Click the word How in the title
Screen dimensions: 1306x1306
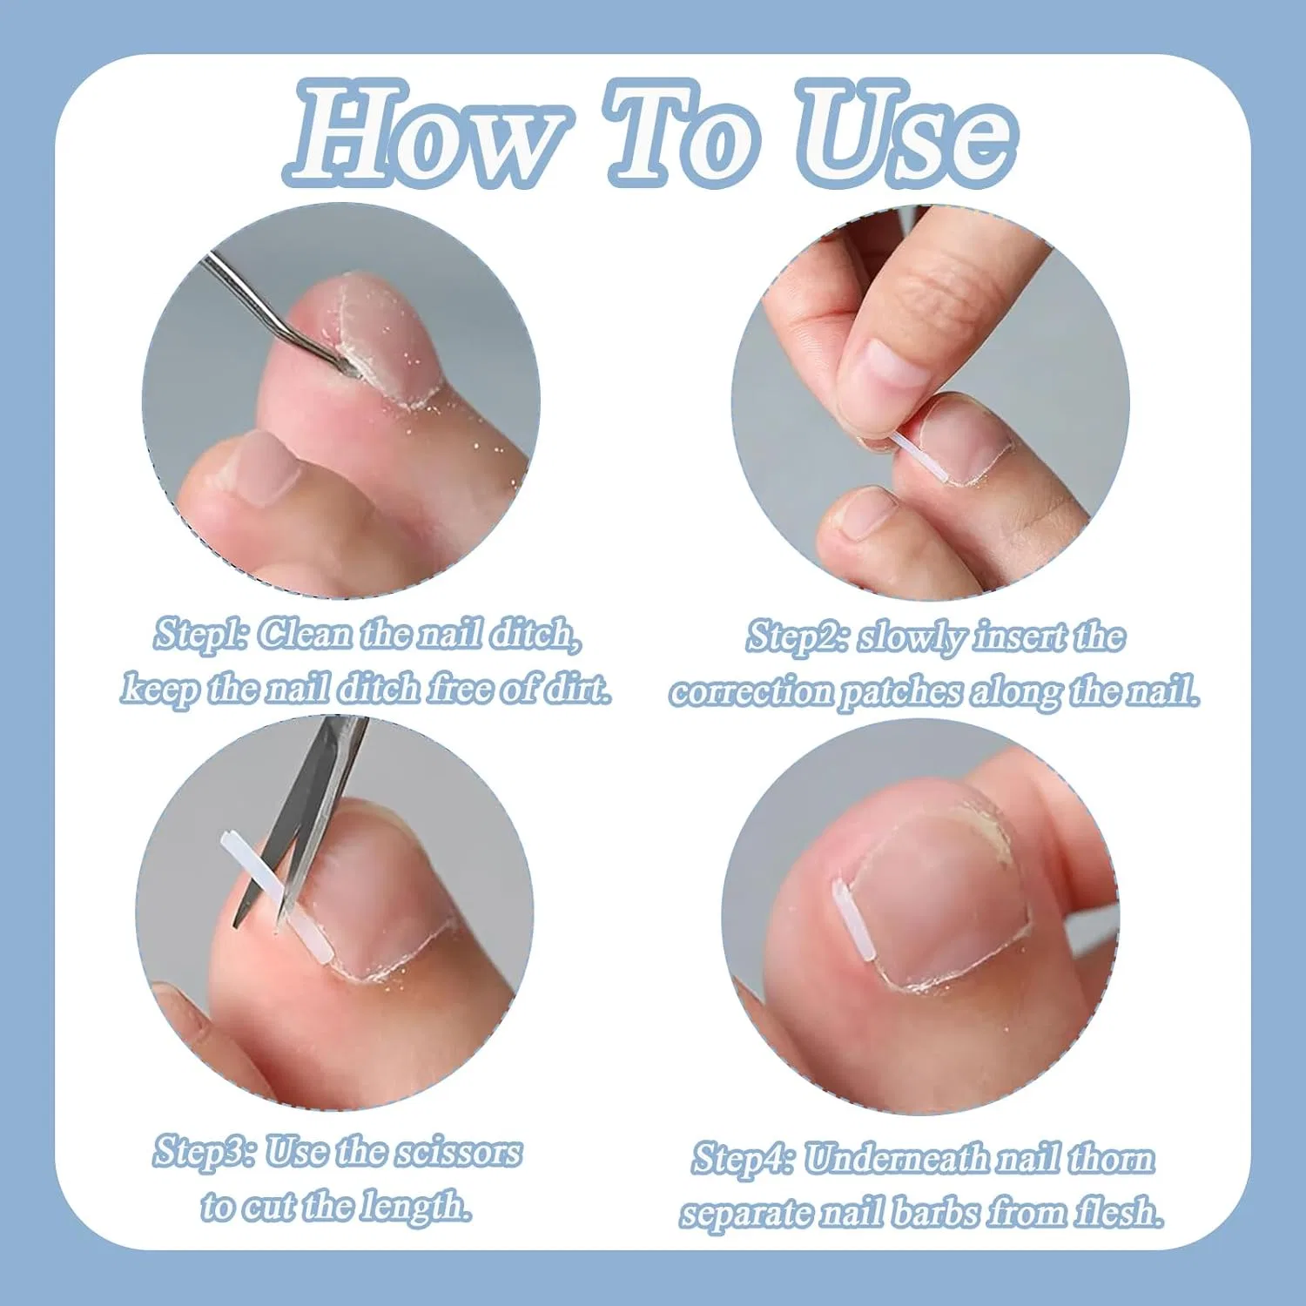[x=427, y=132]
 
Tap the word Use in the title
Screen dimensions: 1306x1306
[x=908, y=132]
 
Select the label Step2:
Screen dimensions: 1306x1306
[x=798, y=637]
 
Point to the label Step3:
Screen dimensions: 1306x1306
[x=205, y=1152]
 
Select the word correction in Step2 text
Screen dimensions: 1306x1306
[x=751, y=692]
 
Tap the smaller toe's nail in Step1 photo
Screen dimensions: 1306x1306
[x=263, y=466]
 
